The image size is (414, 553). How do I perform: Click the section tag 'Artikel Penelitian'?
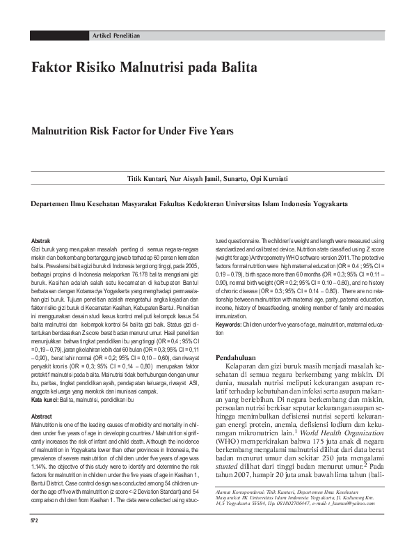pos(116,35)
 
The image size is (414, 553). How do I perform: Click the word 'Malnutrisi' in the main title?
pos(152,69)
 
